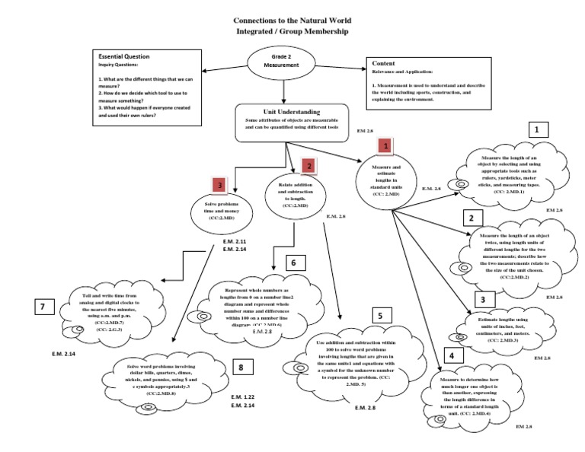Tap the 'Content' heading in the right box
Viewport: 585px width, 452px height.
click(x=385, y=65)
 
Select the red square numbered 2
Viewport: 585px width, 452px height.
click(x=308, y=164)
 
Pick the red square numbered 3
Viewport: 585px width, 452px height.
click(x=219, y=185)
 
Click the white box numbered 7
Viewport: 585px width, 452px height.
click(x=45, y=308)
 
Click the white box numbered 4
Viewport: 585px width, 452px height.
click(x=452, y=356)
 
